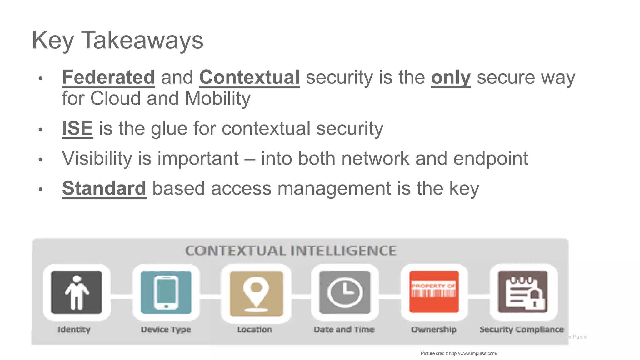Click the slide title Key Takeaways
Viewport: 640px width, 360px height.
pos(117,40)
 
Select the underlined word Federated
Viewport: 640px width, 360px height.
pos(108,77)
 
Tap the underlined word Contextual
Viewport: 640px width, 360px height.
pos(249,77)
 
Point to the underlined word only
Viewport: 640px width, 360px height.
pos(451,78)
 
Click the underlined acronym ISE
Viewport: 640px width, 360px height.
pos(77,128)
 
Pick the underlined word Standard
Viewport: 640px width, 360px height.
pos(104,188)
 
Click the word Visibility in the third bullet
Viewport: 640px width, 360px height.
pos(97,158)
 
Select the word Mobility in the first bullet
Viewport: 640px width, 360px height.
pos(217,98)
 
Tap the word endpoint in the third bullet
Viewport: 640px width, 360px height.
pos(491,158)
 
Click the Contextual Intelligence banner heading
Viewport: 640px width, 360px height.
pos(291,251)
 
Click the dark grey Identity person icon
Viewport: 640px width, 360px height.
pos(77,292)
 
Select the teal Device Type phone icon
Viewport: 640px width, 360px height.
pos(166,292)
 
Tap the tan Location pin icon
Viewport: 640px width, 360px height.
pos(256,293)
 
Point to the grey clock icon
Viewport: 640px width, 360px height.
pos(345,292)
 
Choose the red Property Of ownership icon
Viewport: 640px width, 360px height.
pos(434,292)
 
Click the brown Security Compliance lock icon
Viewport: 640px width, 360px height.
pos(522,292)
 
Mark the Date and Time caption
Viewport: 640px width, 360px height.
pos(344,329)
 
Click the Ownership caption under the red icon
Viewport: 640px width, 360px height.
pos(434,329)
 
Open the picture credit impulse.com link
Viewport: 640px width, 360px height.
pos(473,353)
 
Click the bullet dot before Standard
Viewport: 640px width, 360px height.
pos(40,189)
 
